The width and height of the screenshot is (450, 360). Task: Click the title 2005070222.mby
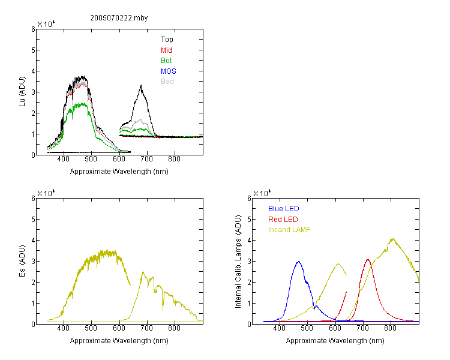point(119,18)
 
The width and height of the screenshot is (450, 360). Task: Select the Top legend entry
point(167,40)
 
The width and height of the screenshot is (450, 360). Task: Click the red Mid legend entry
point(166,50)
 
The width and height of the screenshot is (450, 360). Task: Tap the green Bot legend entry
point(166,61)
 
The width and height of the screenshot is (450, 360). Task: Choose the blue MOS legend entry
point(169,71)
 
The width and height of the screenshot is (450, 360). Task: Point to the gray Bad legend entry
point(167,82)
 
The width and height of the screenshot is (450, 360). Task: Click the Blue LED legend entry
point(284,209)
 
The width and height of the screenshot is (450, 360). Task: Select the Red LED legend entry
point(283,220)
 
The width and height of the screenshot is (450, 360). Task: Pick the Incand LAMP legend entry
point(289,230)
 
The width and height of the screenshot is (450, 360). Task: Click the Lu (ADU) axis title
point(22,92)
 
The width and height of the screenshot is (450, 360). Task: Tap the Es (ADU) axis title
point(22,261)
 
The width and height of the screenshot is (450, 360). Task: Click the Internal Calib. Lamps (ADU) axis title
point(238,262)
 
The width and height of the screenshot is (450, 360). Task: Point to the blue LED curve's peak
point(299,262)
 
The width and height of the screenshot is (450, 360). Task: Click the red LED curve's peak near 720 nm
point(368,260)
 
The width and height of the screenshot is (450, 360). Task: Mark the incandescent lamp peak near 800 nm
point(392,238)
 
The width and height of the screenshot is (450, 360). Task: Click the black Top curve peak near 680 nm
point(141,85)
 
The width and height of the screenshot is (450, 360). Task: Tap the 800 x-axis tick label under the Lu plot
point(174,159)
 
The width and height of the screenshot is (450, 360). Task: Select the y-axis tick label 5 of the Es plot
point(33,220)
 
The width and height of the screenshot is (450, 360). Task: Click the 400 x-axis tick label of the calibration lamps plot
point(280,328)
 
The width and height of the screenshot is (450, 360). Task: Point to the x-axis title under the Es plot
point(119,341)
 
